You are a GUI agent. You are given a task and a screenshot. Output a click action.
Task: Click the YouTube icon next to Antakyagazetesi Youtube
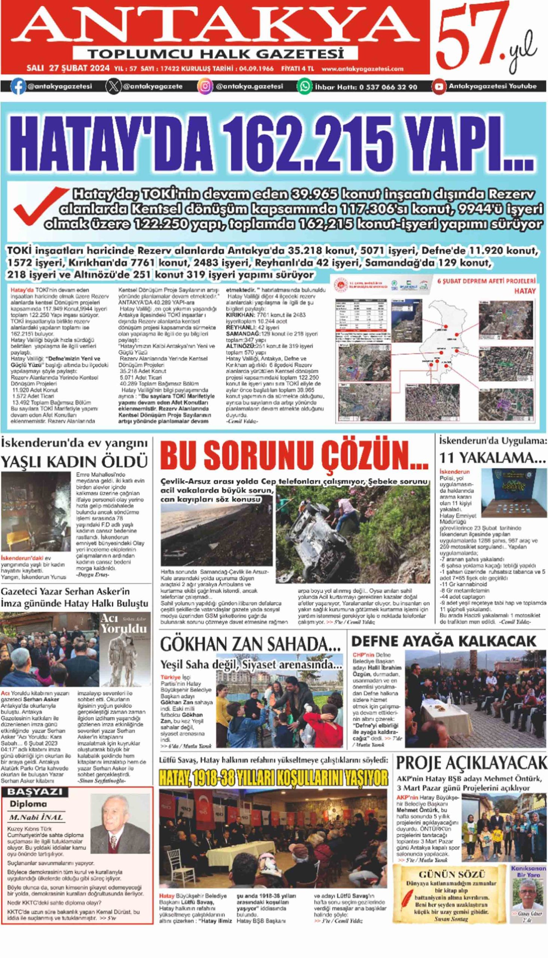[438, 86]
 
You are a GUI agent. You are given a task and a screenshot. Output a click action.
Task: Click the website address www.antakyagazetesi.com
[362, 69]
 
